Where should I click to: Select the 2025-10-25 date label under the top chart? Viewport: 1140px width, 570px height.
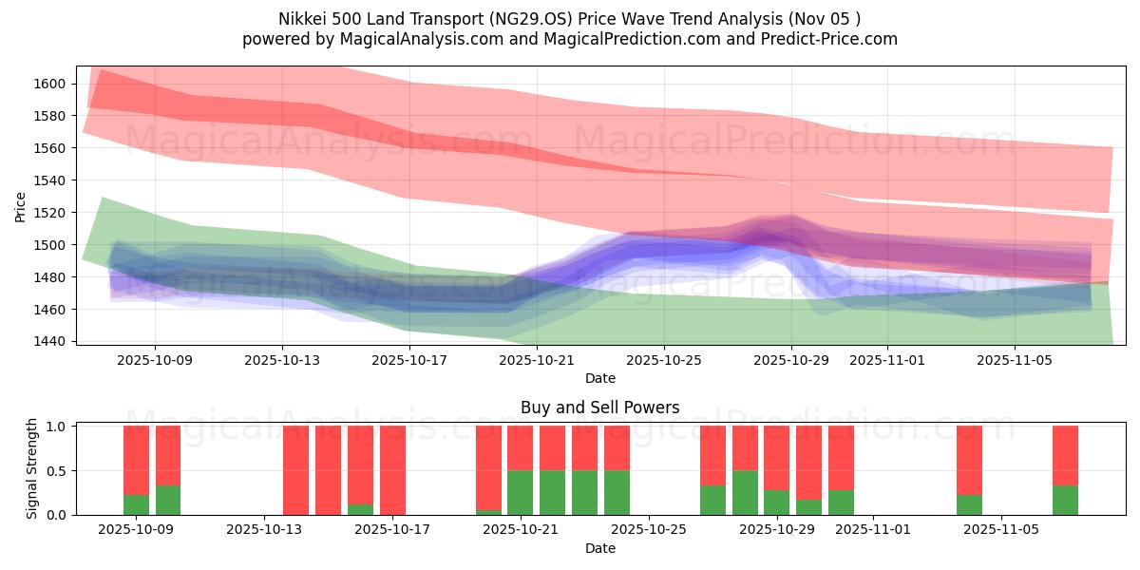[664, 360]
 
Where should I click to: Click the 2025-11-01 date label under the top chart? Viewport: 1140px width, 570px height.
[886, 360]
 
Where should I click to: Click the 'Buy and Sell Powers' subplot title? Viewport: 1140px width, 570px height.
[599, 408]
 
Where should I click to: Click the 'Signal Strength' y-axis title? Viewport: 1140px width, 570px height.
[31, 469]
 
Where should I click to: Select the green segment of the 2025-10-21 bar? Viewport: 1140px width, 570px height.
[520, 492]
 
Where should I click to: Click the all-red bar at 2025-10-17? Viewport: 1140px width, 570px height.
[392, 470]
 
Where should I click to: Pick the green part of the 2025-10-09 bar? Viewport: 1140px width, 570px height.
[136, 504]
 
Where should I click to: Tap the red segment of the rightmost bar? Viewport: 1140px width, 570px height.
[1065, 455]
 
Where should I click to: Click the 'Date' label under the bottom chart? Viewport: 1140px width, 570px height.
[599, 548]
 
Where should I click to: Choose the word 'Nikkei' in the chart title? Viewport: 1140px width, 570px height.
[301, 19]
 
